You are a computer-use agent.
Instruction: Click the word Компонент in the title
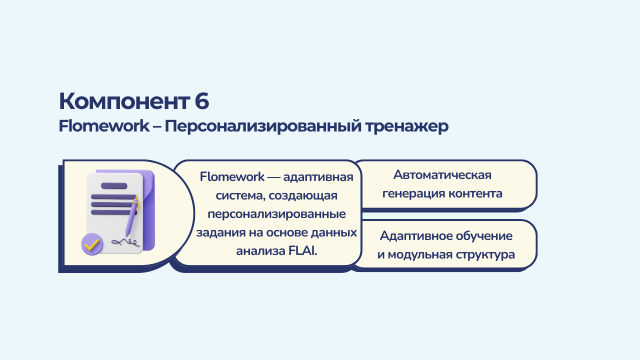(x=124, y=101)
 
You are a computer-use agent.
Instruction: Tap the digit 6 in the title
(x=202, y=101)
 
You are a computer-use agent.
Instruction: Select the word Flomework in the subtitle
(x=104, y=126)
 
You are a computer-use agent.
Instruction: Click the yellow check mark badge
(x=92, y=244)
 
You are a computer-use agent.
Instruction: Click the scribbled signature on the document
(x=125, y=242)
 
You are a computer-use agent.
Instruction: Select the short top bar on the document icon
(x=114, y=185)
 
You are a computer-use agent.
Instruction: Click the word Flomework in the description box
(x=232, y=177)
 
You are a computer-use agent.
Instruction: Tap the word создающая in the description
(x=303, y=196)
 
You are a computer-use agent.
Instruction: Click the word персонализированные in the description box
(x=276, y=214)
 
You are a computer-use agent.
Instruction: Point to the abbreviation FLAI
(x=303, y=251)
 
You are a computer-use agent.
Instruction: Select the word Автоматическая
(x=442, y=175)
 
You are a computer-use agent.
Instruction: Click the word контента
(x=475, y=193)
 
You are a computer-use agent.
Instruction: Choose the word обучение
(x=484, y=236)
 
